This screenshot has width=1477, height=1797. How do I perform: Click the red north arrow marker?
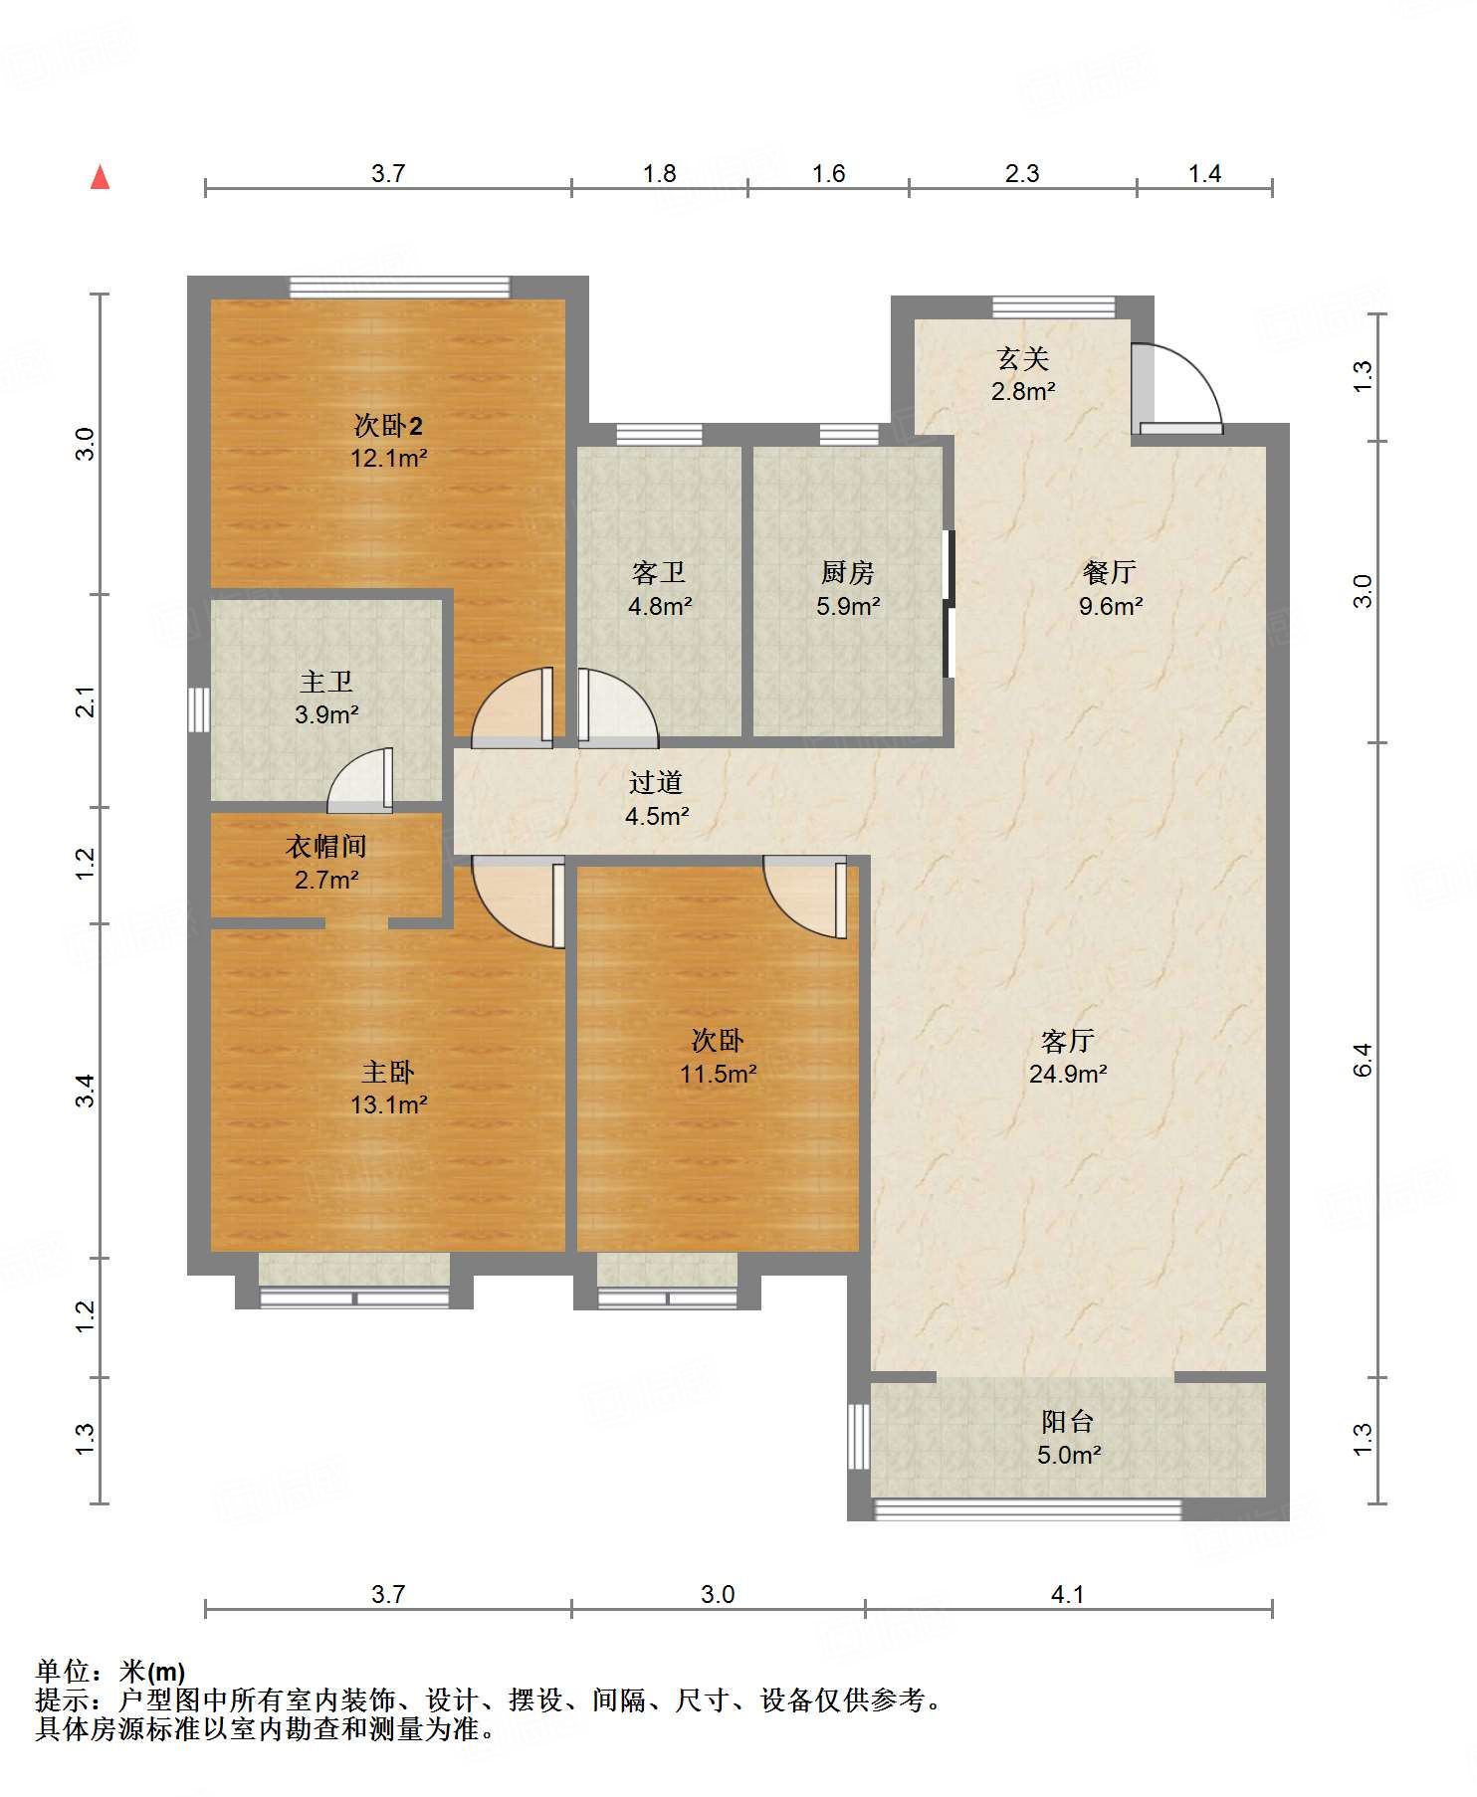(x=100, y=177)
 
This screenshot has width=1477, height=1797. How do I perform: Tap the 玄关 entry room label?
(x=1023, y=358)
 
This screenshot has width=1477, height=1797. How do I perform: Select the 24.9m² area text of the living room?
(x=1068, y=1074)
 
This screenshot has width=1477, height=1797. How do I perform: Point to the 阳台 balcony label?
(x=1068, y=1422)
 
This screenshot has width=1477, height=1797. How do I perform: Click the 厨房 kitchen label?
(x=848, y=572)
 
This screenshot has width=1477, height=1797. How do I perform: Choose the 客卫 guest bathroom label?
(x=659, y=572)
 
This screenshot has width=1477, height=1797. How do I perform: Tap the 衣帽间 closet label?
(x=326, y=846)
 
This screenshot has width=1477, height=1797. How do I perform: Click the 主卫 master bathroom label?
(x=326, y=682)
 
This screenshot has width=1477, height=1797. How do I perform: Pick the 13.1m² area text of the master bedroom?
(x=388, y=1104)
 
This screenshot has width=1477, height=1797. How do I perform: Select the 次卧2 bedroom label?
(x=388, y=426)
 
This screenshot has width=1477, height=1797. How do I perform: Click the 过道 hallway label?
(x=656, y=782)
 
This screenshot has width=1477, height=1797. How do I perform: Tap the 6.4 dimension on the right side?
(x=1363, y=1060)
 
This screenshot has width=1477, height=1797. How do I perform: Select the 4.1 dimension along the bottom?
(x=1068, y=1594)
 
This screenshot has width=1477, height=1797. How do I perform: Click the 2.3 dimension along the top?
(x=1022, y=173)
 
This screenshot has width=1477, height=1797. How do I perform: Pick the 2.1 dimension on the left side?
(x=87, y=701)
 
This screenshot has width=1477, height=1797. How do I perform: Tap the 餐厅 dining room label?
(x=1110, y=572)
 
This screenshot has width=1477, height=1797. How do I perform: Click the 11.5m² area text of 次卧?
(x=718, y=1074)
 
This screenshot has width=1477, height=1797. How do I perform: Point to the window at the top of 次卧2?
(x=399, y=288)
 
